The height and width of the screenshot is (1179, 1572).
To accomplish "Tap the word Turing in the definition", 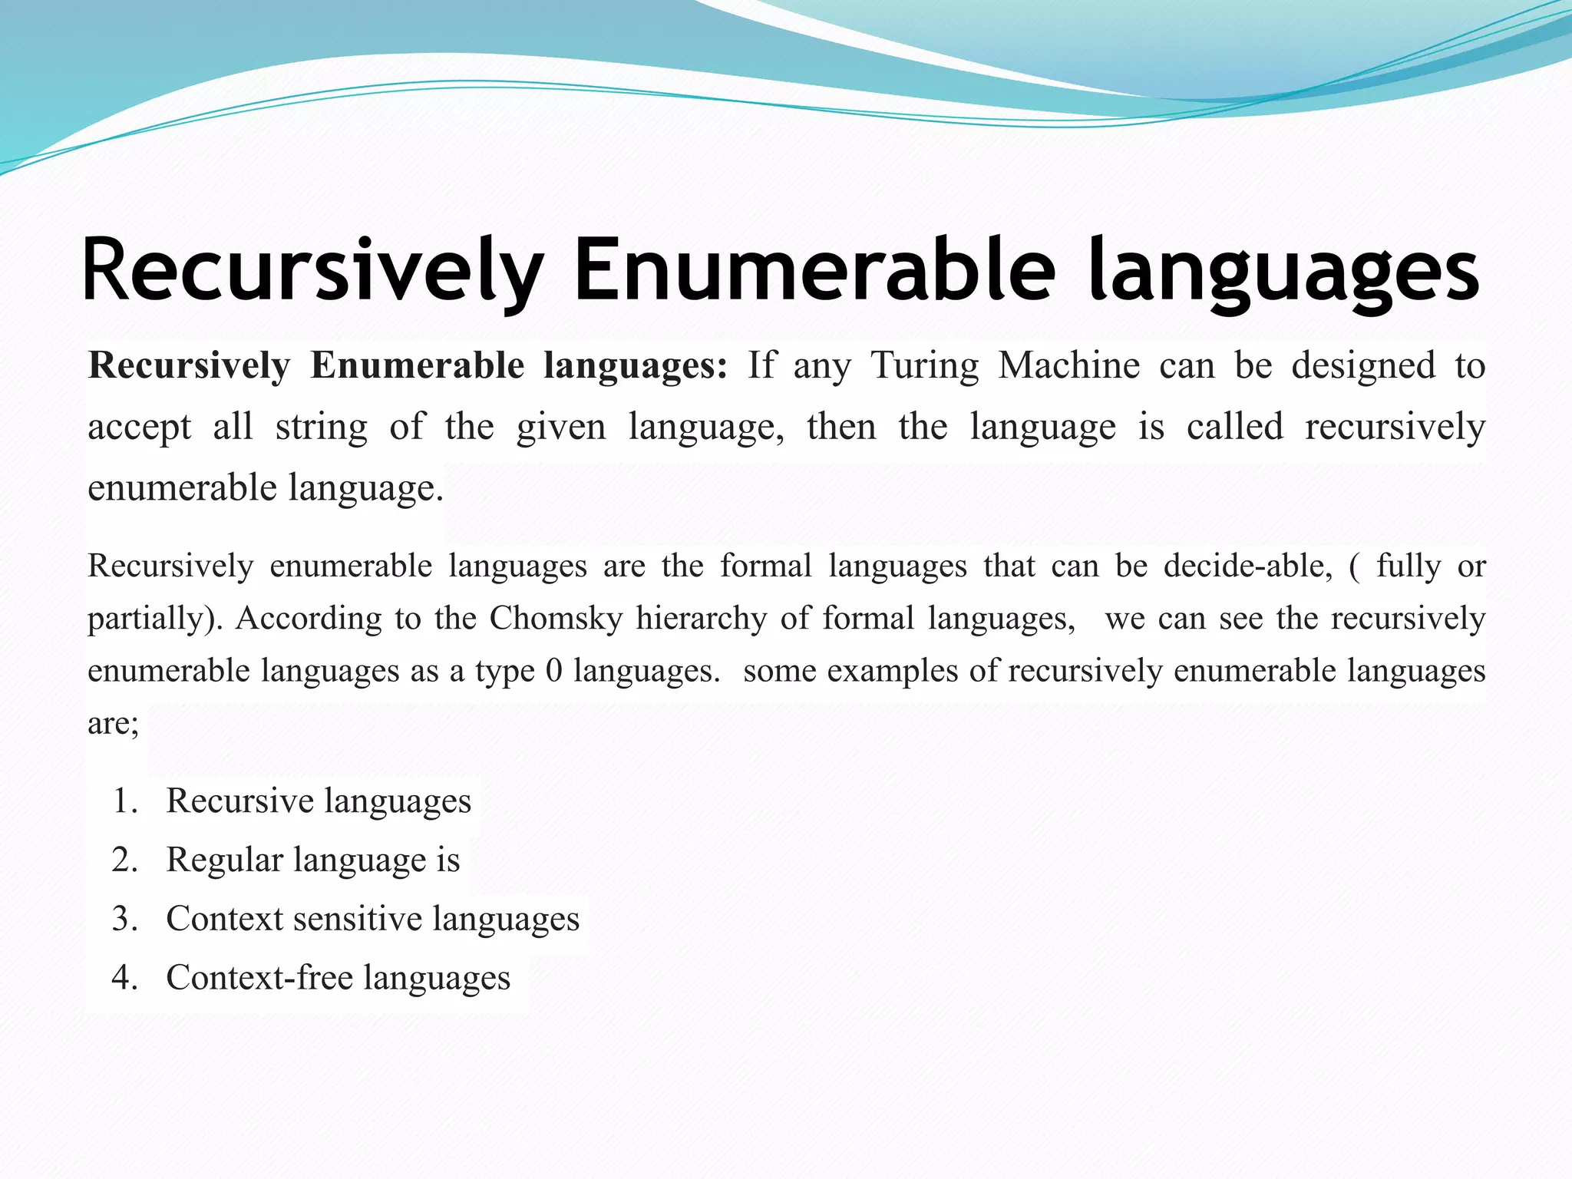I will (x=924, y=365).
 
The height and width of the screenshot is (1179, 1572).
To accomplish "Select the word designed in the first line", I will (x=1363, y=365).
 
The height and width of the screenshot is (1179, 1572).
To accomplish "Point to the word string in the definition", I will (x=321, y=428).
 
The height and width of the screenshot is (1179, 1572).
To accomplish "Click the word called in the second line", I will (x=1234, y=426).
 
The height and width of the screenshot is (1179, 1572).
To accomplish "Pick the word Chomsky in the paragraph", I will (x=556, y=619).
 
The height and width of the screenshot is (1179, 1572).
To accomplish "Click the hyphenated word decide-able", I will (x=1248, y=566).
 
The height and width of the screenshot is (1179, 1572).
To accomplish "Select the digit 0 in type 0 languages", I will (x=553, y=671).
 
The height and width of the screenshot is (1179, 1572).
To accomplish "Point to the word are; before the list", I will (x=114, y=724).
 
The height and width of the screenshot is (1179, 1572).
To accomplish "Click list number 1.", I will (x=124, y=801).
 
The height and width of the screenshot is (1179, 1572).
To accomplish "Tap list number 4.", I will (x=124, y=978).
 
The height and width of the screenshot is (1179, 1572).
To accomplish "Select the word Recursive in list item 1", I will (x=239, y=801).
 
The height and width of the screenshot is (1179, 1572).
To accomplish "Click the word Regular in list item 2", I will (x=224, y=860).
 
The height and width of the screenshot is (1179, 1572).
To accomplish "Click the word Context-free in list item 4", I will (x=259, y=978).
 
